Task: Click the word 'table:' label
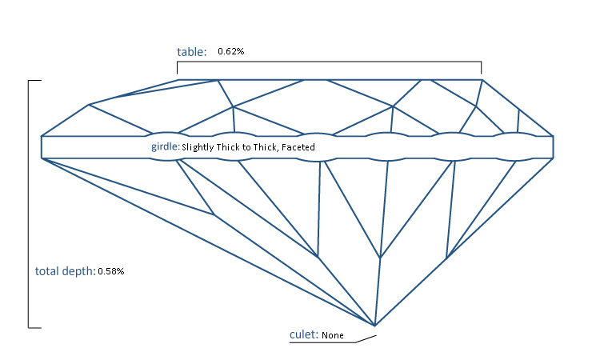[x=191, y=52]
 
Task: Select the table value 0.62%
[x=230, y=52]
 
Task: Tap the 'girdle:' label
[x=165, y=147]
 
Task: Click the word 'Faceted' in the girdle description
[x=298, y=147]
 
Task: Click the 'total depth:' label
[x=64, y=271]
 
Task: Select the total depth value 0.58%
[x=110, y=271]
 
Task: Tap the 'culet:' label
[x=303, y=334]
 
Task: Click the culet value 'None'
[x=333, y=335]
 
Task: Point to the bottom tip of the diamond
[x=374, y=326]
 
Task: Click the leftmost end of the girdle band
[x=42, y=147]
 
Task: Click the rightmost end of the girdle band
[x=554, y=147]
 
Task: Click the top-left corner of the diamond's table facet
[x=178, y=80]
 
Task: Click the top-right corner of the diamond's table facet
[x=481, y=80]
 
